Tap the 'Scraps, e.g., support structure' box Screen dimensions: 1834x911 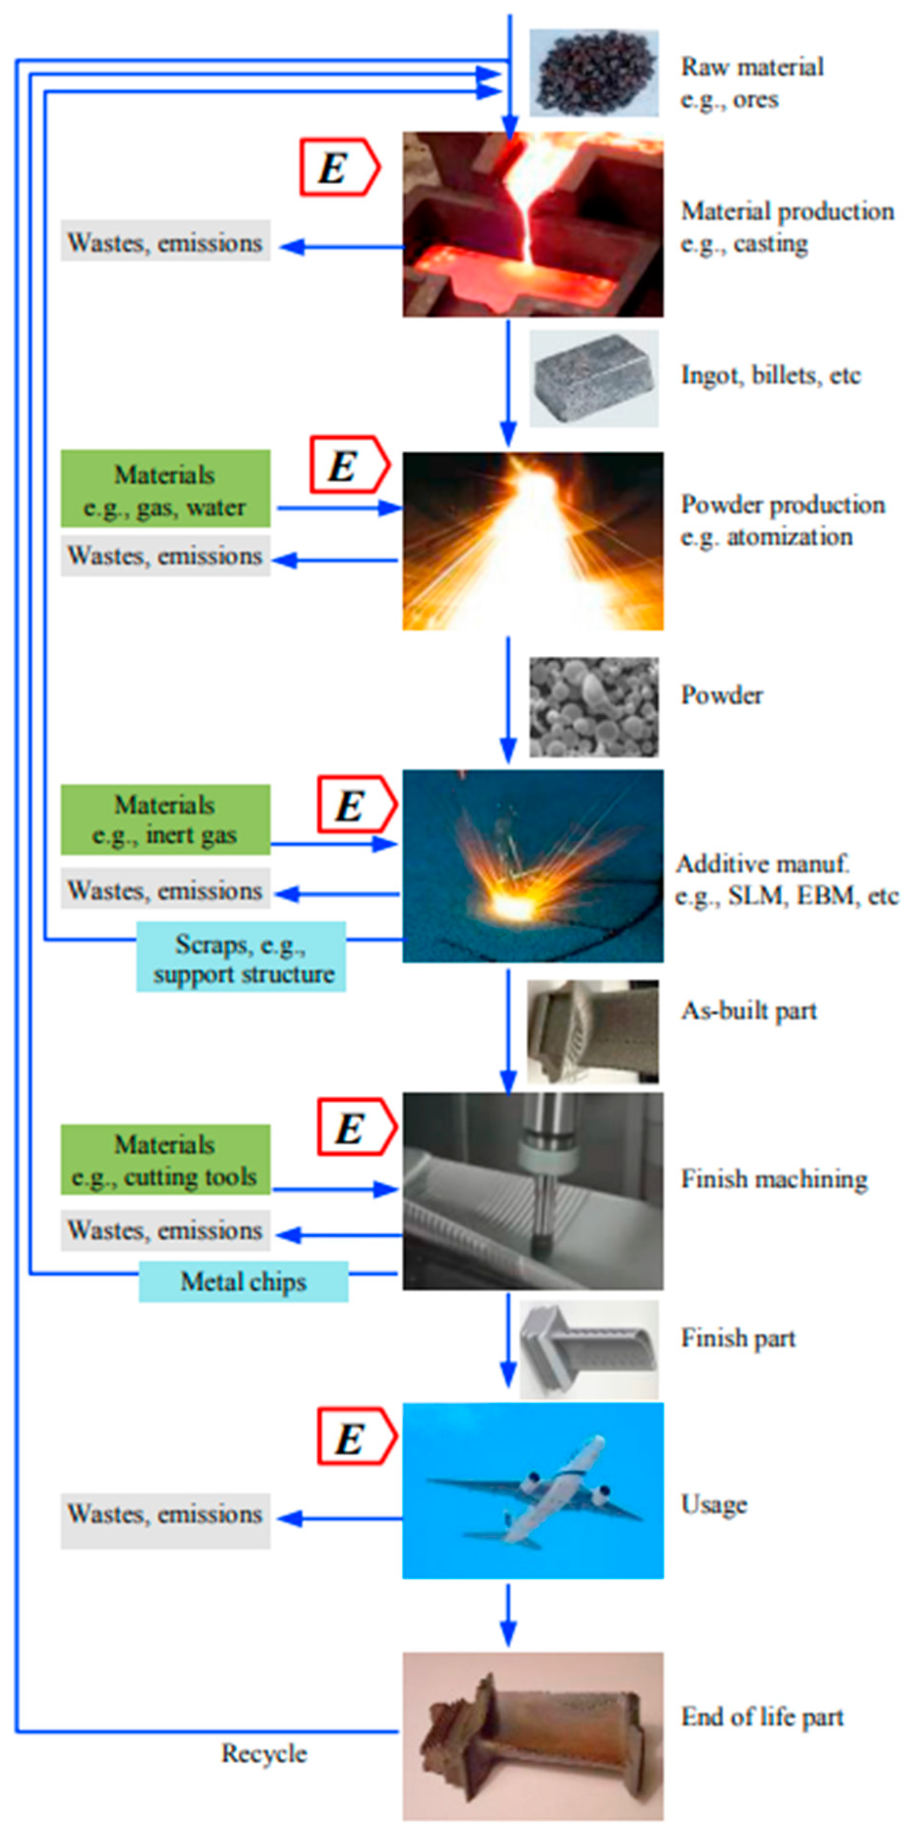(x=241, y=957)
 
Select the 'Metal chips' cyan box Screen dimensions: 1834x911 (x=244, y=1281)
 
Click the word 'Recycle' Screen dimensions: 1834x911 (x=264, y=1753)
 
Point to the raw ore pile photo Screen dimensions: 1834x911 (x=594, y=73)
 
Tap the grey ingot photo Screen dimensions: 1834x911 (x=594, y=378)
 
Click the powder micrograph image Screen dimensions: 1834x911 (x=594, y=707)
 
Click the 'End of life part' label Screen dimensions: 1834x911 (x=762, y=1717)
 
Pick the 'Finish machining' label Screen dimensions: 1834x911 (x=774, y=1179)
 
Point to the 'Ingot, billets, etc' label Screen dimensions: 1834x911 (x=771, y=375)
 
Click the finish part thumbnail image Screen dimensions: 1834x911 (x=589, y=1349)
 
